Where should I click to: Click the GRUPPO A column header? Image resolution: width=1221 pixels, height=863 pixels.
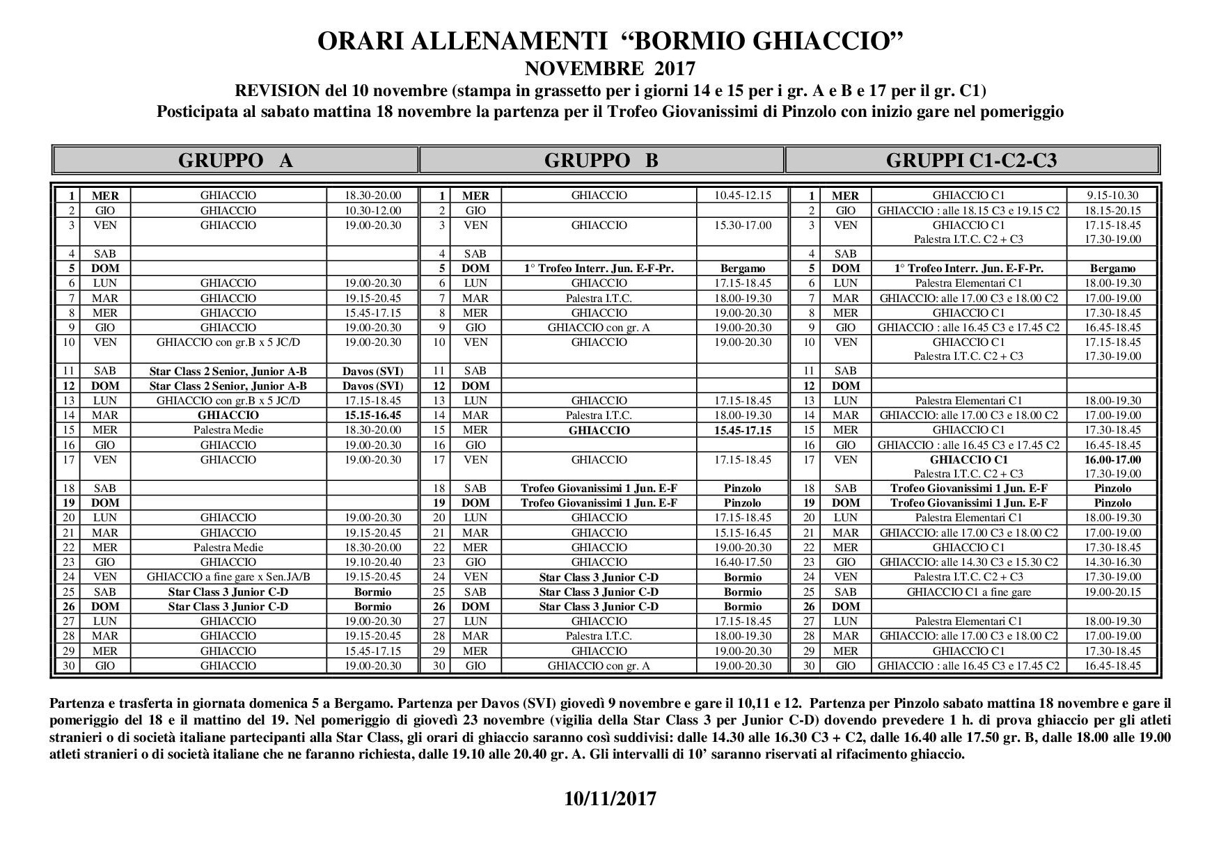pos(235,160)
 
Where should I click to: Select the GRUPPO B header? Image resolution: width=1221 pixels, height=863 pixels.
pos(601,160)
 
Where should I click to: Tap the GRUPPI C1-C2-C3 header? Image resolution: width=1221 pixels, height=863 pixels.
pos(971,160)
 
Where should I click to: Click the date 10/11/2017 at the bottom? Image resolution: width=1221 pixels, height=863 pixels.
pos(610,798)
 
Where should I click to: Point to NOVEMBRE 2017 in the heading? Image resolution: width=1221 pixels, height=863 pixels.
pos(610,68)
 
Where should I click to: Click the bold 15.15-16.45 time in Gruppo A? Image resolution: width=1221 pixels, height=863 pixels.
pos(373,415)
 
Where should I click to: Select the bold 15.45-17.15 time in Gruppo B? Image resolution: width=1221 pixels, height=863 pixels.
pos(743,430)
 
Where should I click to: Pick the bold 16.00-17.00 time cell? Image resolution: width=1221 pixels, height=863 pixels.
pos(1112,459)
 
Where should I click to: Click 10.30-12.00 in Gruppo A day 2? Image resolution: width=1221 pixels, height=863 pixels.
pos(373,210)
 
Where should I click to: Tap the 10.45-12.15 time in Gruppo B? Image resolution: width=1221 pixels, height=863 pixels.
pos(743,196)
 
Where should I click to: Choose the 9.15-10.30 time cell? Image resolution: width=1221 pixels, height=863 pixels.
pos(1112,196)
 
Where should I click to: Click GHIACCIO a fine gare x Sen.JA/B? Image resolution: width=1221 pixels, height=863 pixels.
pos(228,577)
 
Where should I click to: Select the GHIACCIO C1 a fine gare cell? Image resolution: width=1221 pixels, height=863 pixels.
pos(968,592)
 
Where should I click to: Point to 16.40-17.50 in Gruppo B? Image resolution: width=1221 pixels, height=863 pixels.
pos(743,562)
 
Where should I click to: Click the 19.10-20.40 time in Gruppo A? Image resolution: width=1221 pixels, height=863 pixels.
pos(373,562)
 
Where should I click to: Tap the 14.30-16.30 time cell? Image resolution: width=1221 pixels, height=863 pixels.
pos(1112,562)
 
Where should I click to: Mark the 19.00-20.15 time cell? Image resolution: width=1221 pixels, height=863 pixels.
pos(1112,592)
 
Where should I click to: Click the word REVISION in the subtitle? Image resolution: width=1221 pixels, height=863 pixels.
pos(278,90)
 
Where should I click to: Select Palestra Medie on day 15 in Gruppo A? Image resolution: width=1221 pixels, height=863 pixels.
pos(228,430)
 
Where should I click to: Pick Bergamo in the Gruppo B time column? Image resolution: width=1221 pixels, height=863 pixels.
pos(743,269)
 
